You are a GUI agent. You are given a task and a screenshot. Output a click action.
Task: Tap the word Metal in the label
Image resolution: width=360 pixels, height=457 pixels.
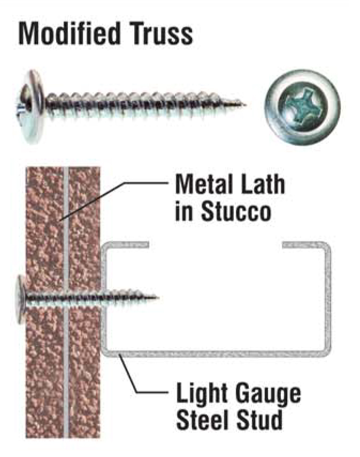tap(201, 184)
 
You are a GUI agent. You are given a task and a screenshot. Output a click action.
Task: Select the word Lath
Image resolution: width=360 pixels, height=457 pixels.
tap(259, 184)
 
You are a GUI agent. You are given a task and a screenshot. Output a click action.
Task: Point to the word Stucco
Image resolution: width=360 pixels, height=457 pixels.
tap(236, 210)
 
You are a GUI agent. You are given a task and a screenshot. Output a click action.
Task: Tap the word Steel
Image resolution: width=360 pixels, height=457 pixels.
tap(203, 420)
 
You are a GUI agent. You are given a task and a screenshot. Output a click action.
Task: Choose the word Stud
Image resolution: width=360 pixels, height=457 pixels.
tap(259, 420)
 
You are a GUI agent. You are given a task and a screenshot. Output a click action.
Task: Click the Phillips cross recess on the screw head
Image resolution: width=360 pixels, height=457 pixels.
tap(301, 107)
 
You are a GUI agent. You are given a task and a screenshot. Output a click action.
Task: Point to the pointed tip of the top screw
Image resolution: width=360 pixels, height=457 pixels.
tap(245, 104)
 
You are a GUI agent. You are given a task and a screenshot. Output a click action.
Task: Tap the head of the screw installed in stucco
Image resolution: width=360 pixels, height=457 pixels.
tap(21, 299)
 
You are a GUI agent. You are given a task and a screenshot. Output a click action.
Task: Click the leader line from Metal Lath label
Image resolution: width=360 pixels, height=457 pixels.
tap(113, 201)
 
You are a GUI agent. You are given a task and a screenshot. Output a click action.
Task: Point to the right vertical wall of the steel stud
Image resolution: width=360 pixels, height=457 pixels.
tap(328, 299)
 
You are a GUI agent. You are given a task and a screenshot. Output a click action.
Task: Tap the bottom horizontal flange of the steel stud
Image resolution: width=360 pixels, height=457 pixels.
tap(217, 353)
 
